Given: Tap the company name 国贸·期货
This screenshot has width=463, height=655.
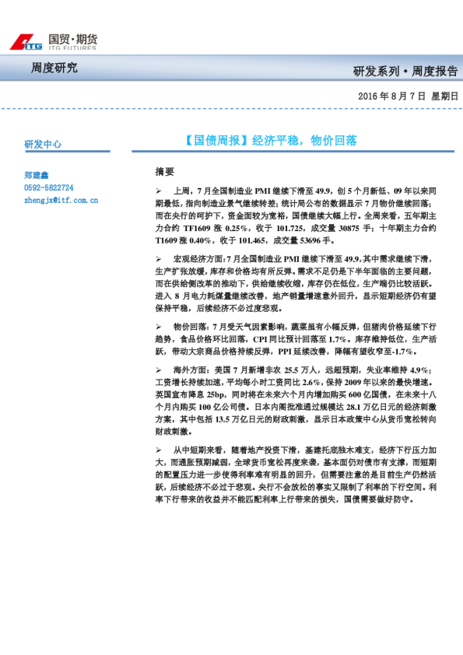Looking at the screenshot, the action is pos(72,38).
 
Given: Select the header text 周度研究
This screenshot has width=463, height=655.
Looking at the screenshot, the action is pos(54,68).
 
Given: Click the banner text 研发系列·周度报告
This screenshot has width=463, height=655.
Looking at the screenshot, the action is pos(405,72).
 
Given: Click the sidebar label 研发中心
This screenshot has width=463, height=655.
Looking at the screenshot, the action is pos(43,144).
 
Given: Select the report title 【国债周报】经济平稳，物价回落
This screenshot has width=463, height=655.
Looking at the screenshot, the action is pos(271,141).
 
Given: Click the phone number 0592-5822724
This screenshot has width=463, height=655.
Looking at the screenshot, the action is pos(49,187).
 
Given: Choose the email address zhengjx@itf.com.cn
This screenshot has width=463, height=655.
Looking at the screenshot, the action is pos(61,200).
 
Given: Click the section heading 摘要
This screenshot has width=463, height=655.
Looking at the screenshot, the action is pos(165,171).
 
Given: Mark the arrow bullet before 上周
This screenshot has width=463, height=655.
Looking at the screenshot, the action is pos(160,191).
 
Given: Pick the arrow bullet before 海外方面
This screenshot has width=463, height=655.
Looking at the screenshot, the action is pos(160,370).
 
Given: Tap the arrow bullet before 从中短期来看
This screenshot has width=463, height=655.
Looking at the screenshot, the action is pos(160,450).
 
